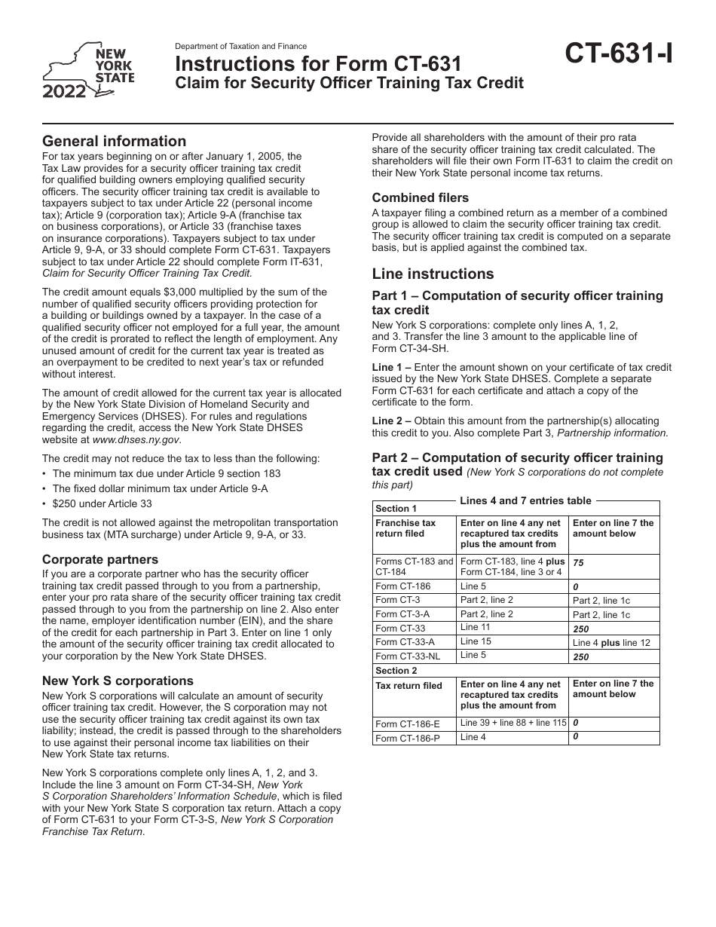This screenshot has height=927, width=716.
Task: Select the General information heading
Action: (114, 141)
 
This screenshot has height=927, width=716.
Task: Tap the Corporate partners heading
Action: (100, 559)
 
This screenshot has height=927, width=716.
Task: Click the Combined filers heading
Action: (420, 197)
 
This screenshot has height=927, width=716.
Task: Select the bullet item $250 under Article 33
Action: (102, 503)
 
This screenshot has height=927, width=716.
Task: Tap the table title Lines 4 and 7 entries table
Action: (525, 500)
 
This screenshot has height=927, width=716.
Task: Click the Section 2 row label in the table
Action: (396, 670)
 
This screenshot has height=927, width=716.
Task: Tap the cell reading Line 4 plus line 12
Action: (610, 642)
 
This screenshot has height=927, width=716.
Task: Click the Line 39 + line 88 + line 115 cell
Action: (513, 723)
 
